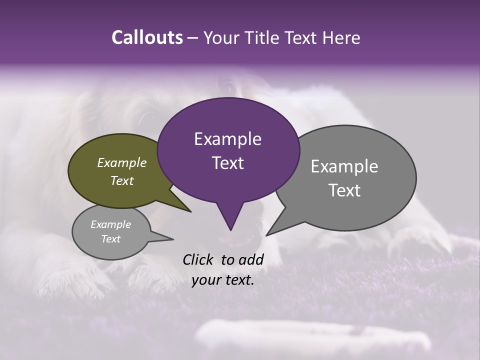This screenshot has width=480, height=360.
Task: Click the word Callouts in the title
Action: click(x=147, y=37)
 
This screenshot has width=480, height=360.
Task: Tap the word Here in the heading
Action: click(x=341, y=38)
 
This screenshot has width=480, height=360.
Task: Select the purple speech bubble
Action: click(x=228, y=120)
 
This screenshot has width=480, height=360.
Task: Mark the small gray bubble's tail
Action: click(x=165, y=239)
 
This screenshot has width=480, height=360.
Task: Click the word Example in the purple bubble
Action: click(x=227, y=139)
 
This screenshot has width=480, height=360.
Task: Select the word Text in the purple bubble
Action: click(x=228, y=163)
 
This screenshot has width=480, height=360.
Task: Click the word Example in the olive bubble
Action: click(x=122, y=163)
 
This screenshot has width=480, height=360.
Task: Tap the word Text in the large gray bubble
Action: click(x=344, y=190)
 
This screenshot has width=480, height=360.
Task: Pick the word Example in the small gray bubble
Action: click(x=110, y=224)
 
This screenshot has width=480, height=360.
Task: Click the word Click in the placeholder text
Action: click(x=199, y=259)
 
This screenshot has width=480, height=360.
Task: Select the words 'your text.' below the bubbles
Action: click(x=223, y=280)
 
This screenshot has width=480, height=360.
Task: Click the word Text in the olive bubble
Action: click(x=122, y=180)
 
